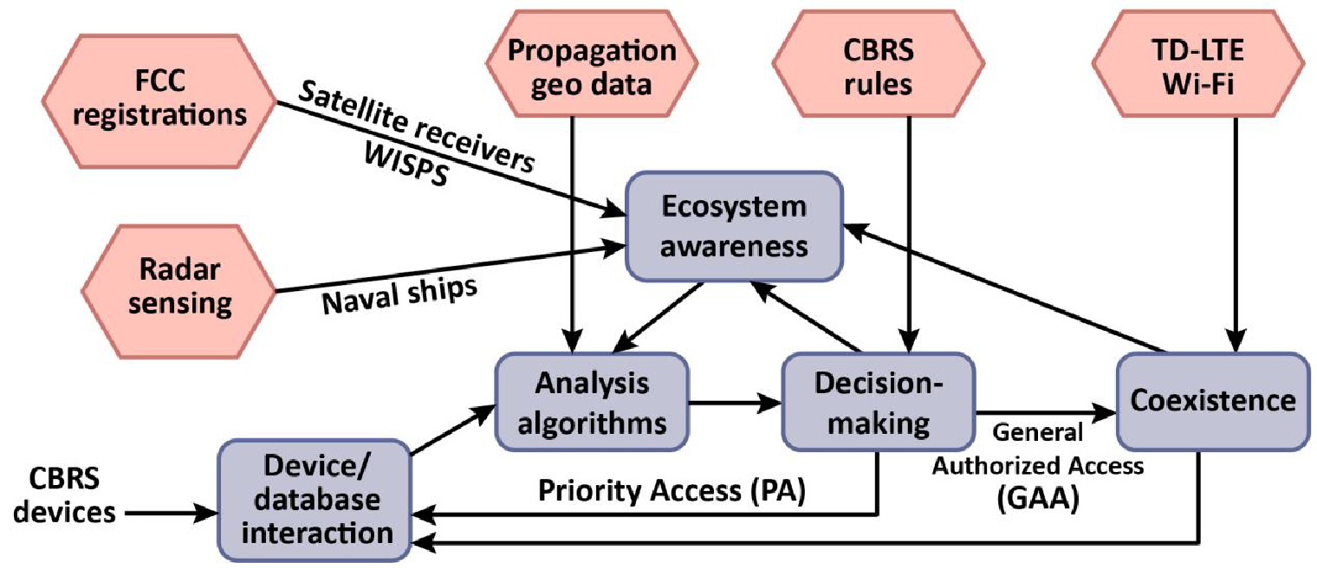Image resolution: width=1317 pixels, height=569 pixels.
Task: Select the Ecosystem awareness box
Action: point(734,226)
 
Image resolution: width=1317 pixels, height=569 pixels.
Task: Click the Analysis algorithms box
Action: point(593,403)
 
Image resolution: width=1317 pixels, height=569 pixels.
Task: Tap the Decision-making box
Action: point(879,403)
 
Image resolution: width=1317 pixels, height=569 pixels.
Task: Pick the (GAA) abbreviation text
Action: point(1041,501)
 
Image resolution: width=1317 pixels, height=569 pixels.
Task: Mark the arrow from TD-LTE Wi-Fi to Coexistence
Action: point(1236,242)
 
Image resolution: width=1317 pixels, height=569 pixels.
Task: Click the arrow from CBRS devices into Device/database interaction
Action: point(169,513)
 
